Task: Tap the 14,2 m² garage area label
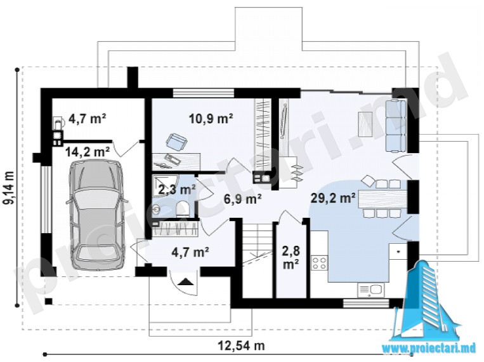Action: tap(88, 152)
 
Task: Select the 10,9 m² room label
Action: tap(211, 118)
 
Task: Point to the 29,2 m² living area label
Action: tap(333, 198)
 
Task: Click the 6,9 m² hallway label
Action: tap(243, 199)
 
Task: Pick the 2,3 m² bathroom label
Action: tap(176, 189)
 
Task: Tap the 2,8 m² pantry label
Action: tap(291, 257)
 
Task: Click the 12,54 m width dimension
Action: tap(242, 345)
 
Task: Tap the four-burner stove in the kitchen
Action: tap(319, 262)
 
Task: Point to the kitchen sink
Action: tap(371, 290)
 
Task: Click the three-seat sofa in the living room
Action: tap(395, 126)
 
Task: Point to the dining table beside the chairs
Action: tap(383, 199)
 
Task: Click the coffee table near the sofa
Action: tap(365, 124)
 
